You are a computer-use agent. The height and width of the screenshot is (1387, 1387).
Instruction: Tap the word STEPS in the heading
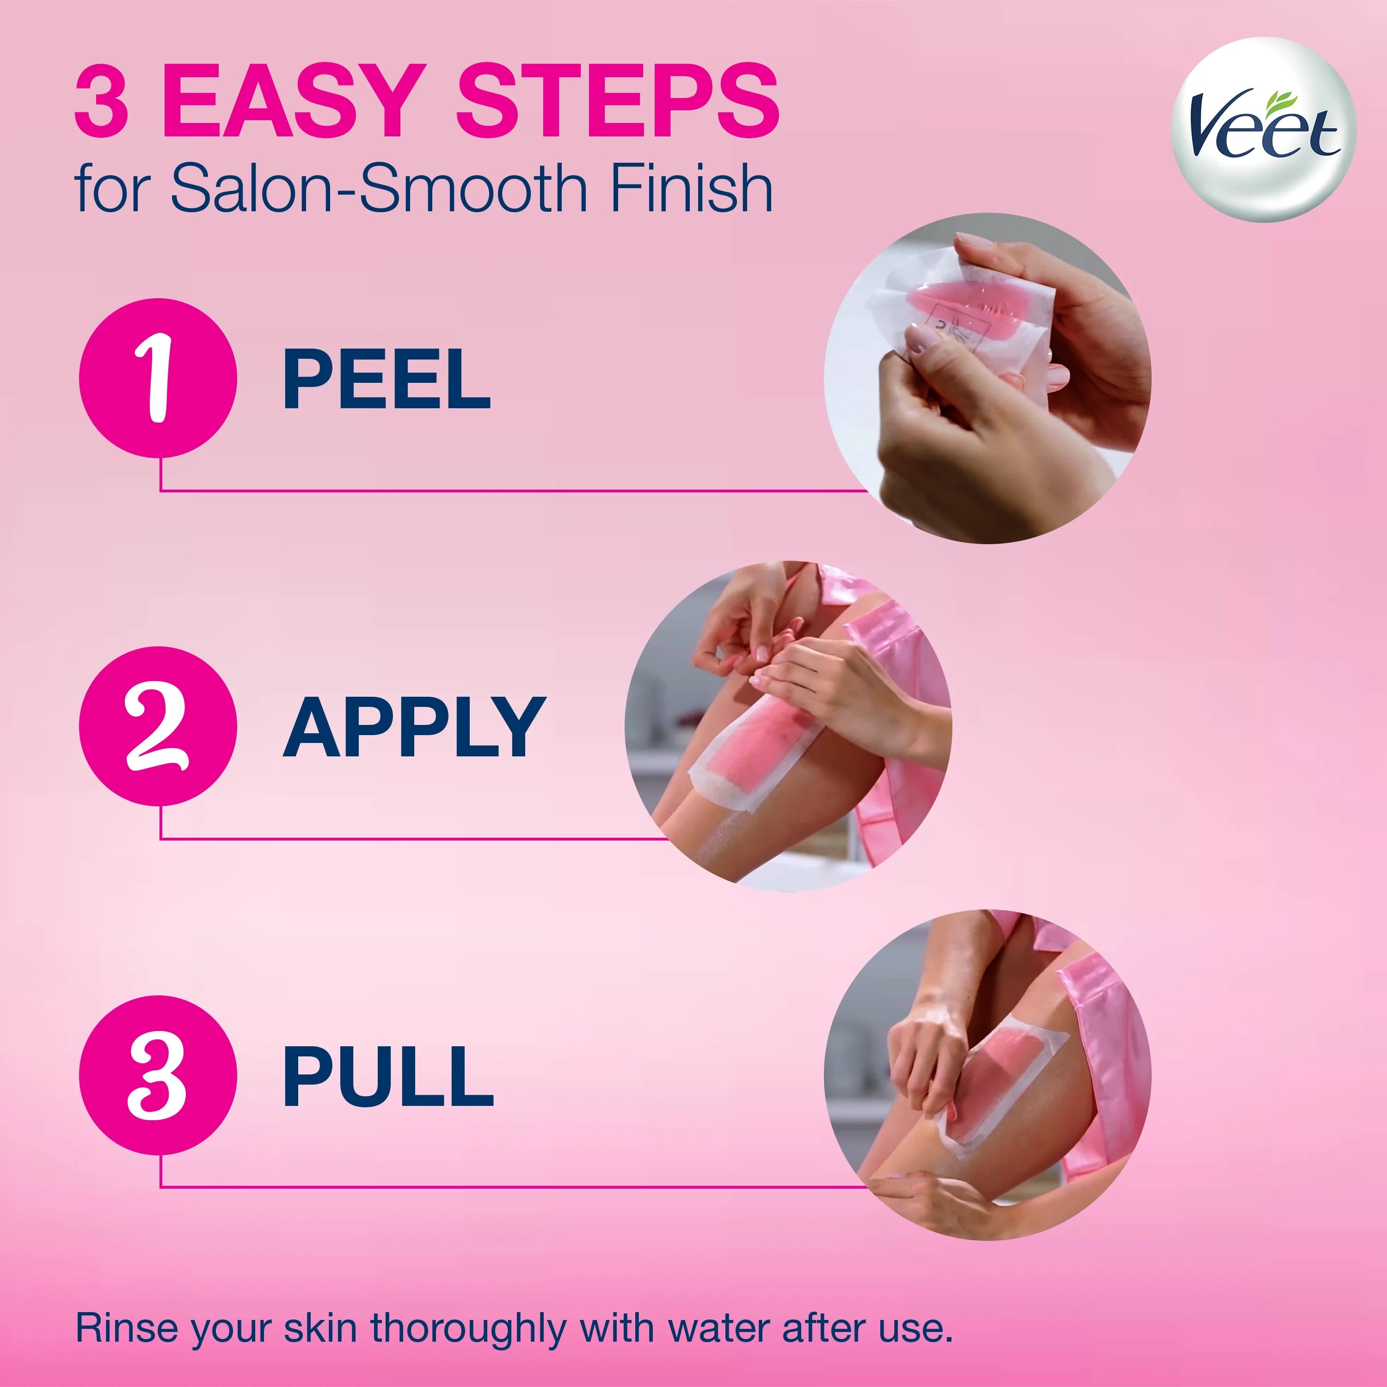coord(617,101)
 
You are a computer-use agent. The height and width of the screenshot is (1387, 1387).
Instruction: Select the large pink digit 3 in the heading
coord(102,101)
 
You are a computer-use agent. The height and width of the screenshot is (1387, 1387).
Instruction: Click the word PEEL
coord(386,380)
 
